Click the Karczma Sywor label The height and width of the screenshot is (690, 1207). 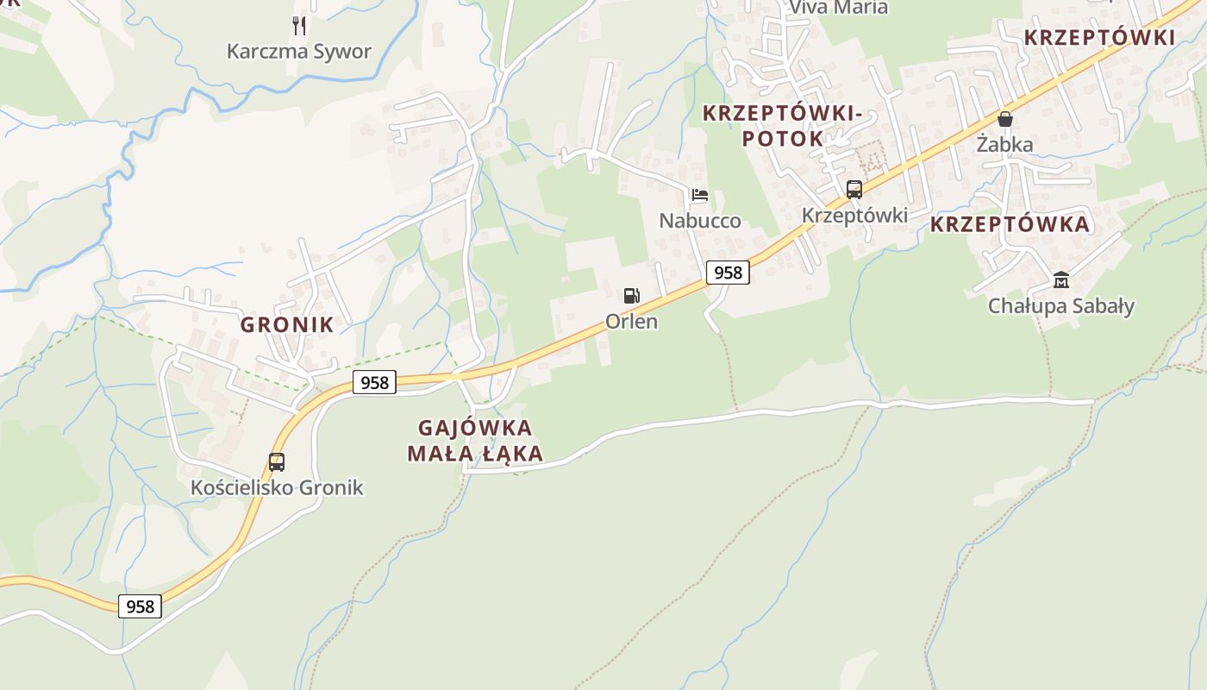298,51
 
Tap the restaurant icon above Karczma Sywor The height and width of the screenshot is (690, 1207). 298,25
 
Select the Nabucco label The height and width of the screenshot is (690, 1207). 699,220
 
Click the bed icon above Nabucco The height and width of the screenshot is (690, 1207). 699,195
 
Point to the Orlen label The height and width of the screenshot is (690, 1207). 631,321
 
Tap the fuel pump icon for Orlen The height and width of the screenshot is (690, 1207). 632,296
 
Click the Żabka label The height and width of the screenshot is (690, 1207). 1004,144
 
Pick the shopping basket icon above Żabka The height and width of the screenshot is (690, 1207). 1004,119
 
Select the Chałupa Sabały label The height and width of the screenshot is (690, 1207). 1060,305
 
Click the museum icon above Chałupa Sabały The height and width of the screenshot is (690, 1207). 1060,280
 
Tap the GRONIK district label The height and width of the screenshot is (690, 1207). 286,324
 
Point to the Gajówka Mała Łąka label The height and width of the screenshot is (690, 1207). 475,440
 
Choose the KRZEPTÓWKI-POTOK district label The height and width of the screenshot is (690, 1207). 783,125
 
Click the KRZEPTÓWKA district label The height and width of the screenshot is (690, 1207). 1010,224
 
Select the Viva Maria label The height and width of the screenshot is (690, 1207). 838,8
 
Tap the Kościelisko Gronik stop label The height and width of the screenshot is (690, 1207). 277,487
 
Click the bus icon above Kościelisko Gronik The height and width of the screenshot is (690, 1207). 277,461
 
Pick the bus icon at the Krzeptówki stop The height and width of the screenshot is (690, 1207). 854,190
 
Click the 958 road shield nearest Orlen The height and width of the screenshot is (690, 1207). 728,273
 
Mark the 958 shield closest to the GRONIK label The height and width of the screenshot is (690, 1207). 374,382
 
